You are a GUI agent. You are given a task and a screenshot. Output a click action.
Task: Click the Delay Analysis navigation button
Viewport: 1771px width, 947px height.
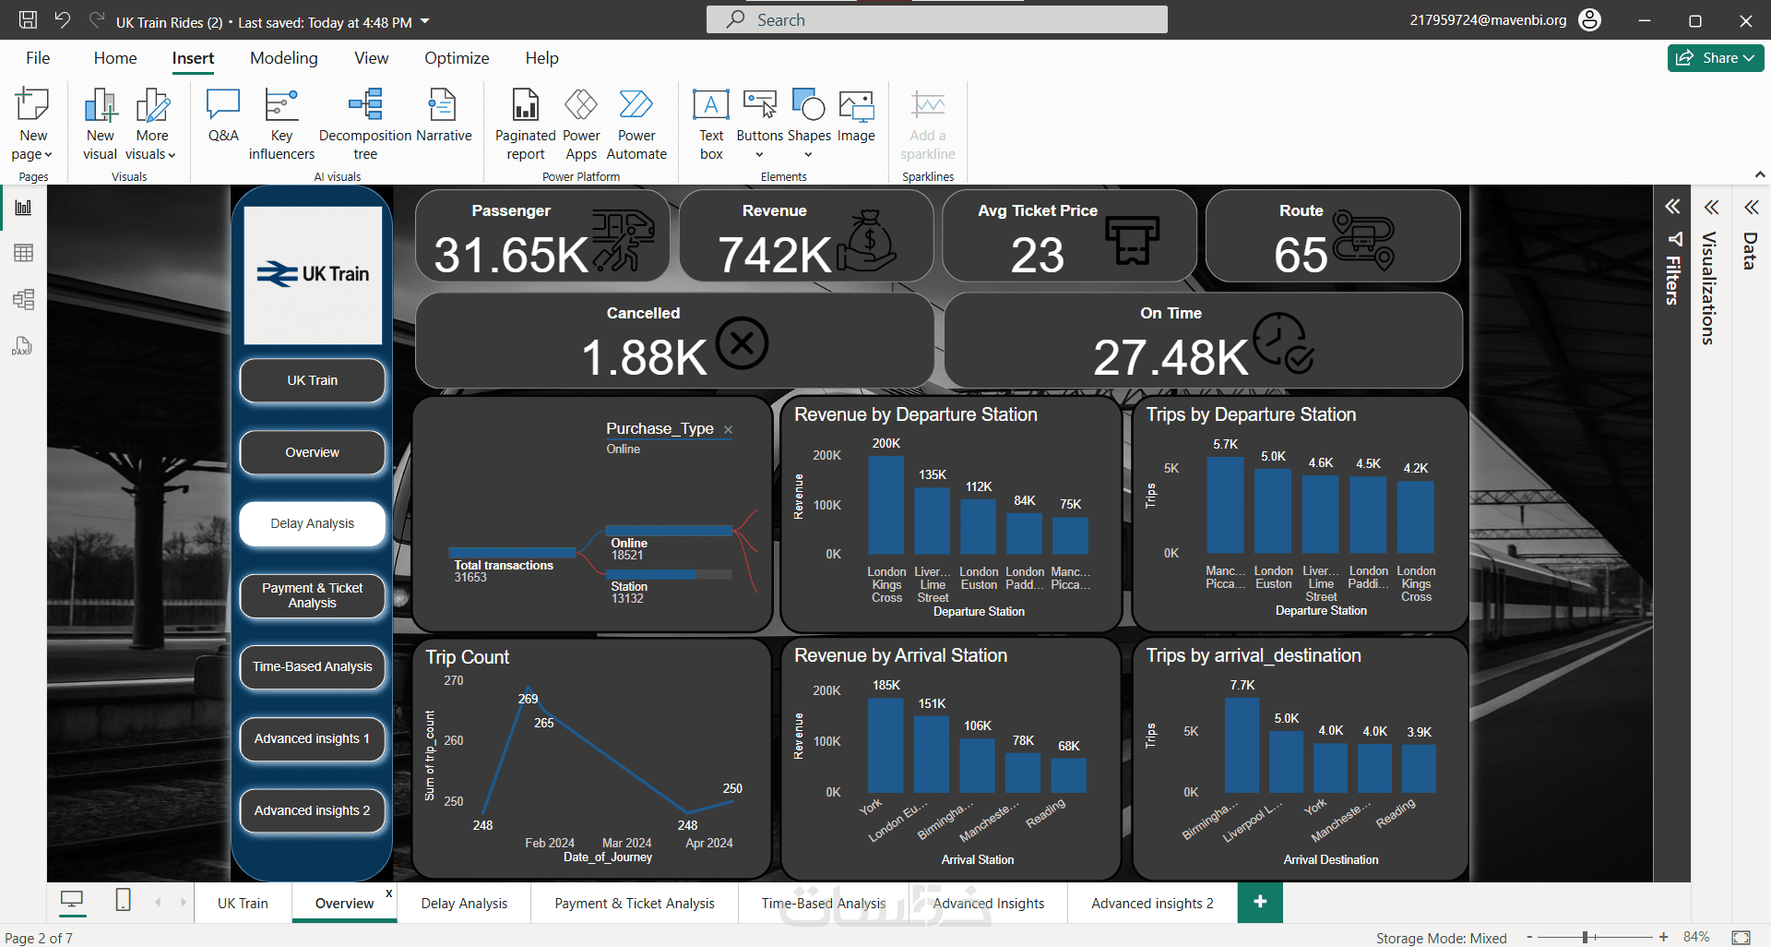point(312,523)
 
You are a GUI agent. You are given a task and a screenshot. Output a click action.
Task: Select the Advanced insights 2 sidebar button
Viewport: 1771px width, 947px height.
point(312,810)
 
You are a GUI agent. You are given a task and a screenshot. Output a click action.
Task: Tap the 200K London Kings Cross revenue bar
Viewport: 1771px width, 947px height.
point(885,506)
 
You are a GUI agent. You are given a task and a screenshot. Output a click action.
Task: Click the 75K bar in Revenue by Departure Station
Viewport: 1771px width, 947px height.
point(1070,535)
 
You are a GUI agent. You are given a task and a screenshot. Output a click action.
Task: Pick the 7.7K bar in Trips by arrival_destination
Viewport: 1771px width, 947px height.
point(1242,745)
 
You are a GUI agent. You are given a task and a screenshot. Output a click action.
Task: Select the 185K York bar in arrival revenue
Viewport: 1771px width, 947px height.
point(885,745)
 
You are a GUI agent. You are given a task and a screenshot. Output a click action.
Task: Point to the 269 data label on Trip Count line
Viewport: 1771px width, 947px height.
point(528,699)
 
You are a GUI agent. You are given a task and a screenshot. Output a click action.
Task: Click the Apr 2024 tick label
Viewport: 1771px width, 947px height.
point(708,843)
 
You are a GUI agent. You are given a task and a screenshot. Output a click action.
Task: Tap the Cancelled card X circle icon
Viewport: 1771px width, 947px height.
point(742,343)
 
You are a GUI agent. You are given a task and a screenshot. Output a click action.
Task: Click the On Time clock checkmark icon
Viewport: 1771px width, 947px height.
point(1284,342)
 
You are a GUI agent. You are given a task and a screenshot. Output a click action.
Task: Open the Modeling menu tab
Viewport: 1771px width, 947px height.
point(283,58)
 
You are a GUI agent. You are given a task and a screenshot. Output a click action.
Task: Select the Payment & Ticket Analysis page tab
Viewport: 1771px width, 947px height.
point(634,904)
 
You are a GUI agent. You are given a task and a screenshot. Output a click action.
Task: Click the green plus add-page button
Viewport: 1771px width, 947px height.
point(1260,902)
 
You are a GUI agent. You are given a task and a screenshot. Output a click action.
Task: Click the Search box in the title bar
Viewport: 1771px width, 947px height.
point(936,19)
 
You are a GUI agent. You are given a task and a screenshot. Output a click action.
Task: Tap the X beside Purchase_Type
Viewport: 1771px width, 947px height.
point(728,429)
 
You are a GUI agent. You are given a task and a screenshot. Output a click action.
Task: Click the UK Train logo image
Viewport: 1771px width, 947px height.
point(313,274)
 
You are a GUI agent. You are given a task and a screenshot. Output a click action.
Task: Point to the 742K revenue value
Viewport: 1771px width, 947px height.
point(775,256)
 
